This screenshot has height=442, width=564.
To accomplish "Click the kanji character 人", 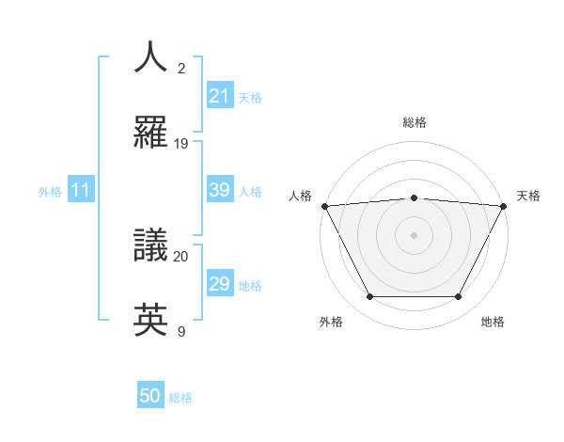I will point(151,57).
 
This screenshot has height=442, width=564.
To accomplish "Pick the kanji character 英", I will point(151,321).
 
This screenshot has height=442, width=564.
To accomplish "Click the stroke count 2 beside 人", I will point(181,69).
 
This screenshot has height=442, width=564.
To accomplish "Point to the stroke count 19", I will point(181,144).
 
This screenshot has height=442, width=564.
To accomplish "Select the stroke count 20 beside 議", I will point(181,256).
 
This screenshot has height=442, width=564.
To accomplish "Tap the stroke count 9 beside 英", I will point(181,331).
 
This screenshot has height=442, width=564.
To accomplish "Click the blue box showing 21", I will point(219,96).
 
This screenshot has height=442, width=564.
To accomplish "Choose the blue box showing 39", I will point(219,190).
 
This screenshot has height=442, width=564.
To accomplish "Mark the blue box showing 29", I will point(219,284).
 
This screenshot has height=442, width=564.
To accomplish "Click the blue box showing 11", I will point(81,191).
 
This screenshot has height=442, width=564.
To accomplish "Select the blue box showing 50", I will point(150,397).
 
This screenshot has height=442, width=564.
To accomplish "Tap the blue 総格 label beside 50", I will point(180,398).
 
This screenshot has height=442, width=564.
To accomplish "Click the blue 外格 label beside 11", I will point(50,192).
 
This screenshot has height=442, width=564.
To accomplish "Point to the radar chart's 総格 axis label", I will point(415,122).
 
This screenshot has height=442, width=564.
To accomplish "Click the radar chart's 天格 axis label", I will point(528,196).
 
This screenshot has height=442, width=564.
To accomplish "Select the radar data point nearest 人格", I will point(324,205).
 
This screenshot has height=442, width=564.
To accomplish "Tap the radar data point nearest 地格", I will point(459,297).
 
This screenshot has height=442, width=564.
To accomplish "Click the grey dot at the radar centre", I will point(414,234).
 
